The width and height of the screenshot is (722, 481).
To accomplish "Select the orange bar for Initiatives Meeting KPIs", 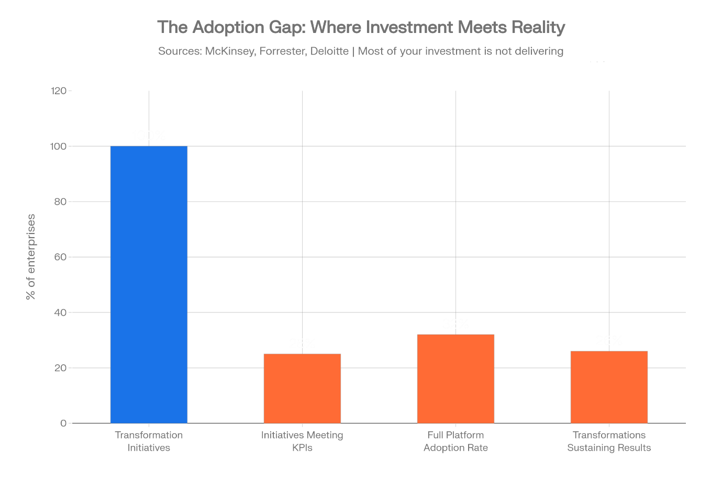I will pos(302,388).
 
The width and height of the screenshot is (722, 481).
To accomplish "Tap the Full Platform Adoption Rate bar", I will pos(456,378).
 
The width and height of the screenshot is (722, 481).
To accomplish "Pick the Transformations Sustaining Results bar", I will pos(609,387).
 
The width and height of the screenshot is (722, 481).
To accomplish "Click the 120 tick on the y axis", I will pos(59,91).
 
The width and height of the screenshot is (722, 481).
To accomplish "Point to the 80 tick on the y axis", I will pos(61,202).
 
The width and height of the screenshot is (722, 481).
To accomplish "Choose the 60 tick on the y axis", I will pos(61,257).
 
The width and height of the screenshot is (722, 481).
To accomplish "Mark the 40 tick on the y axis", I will pos(61,312).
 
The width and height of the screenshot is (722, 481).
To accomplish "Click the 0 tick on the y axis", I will pos(63,423).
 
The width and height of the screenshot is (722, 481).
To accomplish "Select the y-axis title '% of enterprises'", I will pos(31,256).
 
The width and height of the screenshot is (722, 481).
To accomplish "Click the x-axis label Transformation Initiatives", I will pos(149,441).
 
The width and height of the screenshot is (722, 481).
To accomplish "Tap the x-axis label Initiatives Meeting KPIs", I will pos(302,441).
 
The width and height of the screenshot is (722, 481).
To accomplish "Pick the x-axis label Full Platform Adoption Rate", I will pos(456,441).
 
